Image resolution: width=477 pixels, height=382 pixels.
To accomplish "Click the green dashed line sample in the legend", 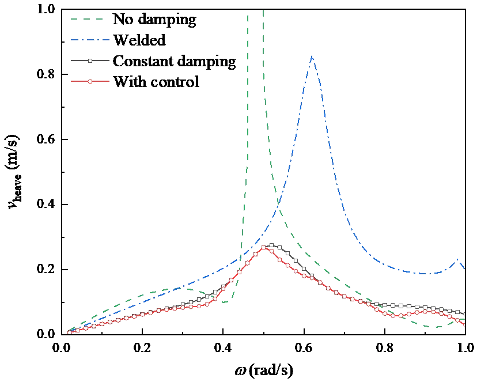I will click(89, 21).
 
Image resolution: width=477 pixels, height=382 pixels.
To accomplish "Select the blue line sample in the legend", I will click(89, 41).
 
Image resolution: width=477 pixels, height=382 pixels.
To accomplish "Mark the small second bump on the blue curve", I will click(458, 260).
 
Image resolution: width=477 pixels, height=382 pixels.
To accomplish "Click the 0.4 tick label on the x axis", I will click(222, 347).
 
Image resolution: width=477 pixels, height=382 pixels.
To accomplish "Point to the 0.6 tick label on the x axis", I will click(304, 347).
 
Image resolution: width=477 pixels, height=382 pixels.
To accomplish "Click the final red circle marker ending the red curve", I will click(464, 324).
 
